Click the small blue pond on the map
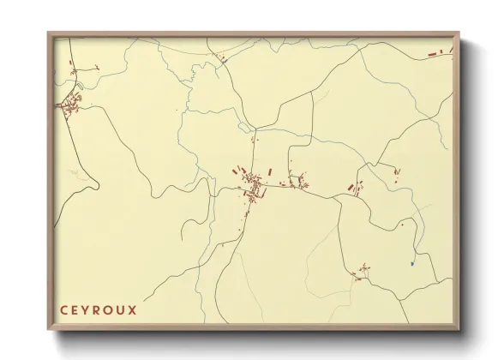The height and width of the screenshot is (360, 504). pyautogui.click(x=412, y=263)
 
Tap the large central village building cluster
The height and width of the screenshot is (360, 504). pyautogui.click(x=252, y=186)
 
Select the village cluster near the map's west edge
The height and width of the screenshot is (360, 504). pyautogui.click(x=71, y=105)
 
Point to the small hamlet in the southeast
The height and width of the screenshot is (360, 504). pyautogui.click(x=363, y=272)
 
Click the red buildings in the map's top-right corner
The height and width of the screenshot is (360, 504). pyautogui.click(x=441, y=53)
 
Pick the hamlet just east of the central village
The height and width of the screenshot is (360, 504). pyautogui.click(x=298, y=181)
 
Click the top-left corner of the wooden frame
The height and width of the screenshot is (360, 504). pyautogui.click(x=48, y=33)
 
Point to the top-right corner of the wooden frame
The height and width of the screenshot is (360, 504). pyautogui.click(x=459, y=33)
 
